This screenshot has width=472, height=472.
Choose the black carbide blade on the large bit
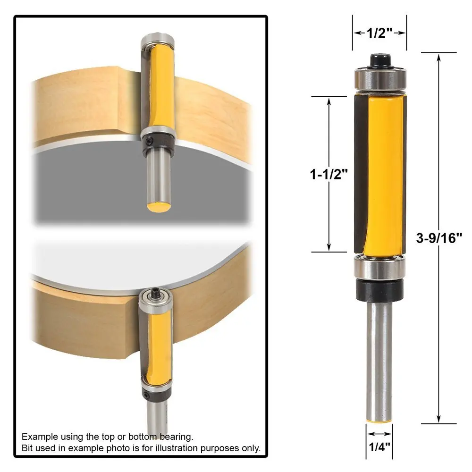point(360,175)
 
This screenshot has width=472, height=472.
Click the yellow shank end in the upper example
point(158,207)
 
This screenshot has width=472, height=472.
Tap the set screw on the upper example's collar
point(148,141)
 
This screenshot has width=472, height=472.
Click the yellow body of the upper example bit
point(158,87)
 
